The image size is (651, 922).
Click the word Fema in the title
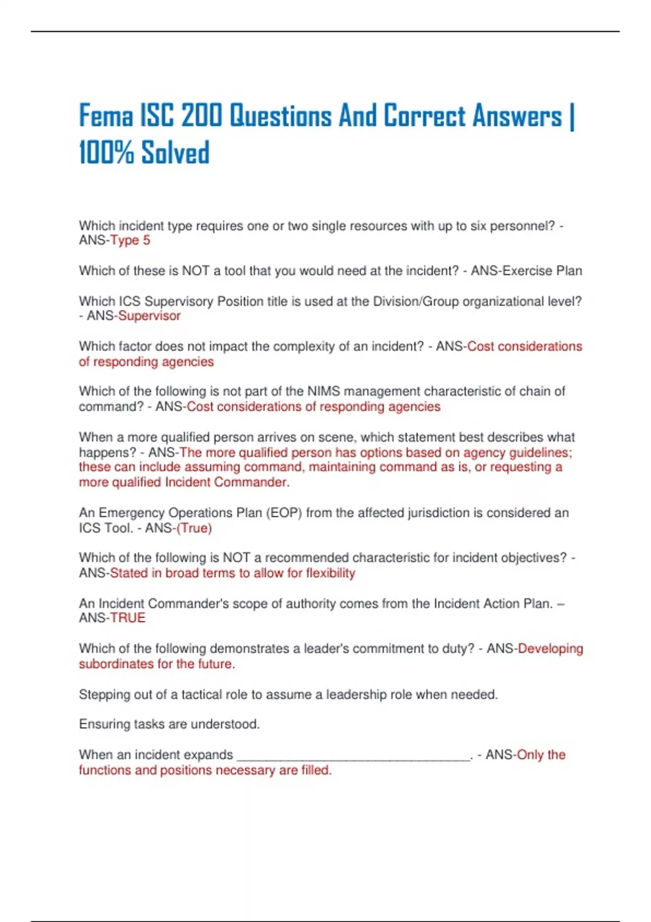pyautogui.click(x=106, y=116)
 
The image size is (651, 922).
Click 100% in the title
pyautogui.click(x=106, y=152)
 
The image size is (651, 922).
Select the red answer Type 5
pyautogui.click(x=130, y=240)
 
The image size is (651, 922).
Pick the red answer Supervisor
pyautogui.click(x=149, y=316)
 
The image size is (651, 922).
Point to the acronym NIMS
pyautogui.click(x=323, y=391)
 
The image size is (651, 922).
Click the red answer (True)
pyautogui.click(x=194, y=528)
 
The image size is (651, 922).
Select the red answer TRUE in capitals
pyautogui.click(x=128, y=618)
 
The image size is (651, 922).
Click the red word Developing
pyautogui.click(x=550, y=649)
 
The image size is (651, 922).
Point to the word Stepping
pyautogui.click(x=104, y=694)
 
